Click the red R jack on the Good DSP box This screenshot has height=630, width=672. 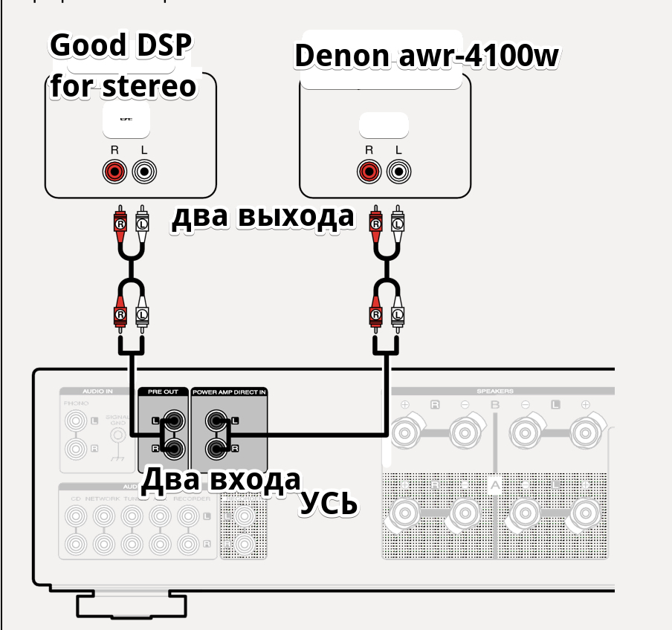coord(114,173)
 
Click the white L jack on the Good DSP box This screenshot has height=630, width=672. coord(144,173)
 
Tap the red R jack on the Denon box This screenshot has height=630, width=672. coord(369,173)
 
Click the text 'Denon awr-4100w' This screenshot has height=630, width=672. coord(426,56)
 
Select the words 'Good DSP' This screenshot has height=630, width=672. coord(120,46)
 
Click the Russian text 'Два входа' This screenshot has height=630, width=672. coord(222,480)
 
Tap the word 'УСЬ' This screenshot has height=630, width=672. coord(329,504)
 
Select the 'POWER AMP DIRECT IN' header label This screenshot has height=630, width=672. coord(228,392)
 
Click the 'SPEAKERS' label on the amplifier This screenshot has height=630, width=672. coord(495,392)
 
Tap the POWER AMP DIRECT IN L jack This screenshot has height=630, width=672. coord(219,422)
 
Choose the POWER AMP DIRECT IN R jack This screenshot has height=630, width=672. coord(219,448)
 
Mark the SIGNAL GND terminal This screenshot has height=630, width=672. coord(117,435)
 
